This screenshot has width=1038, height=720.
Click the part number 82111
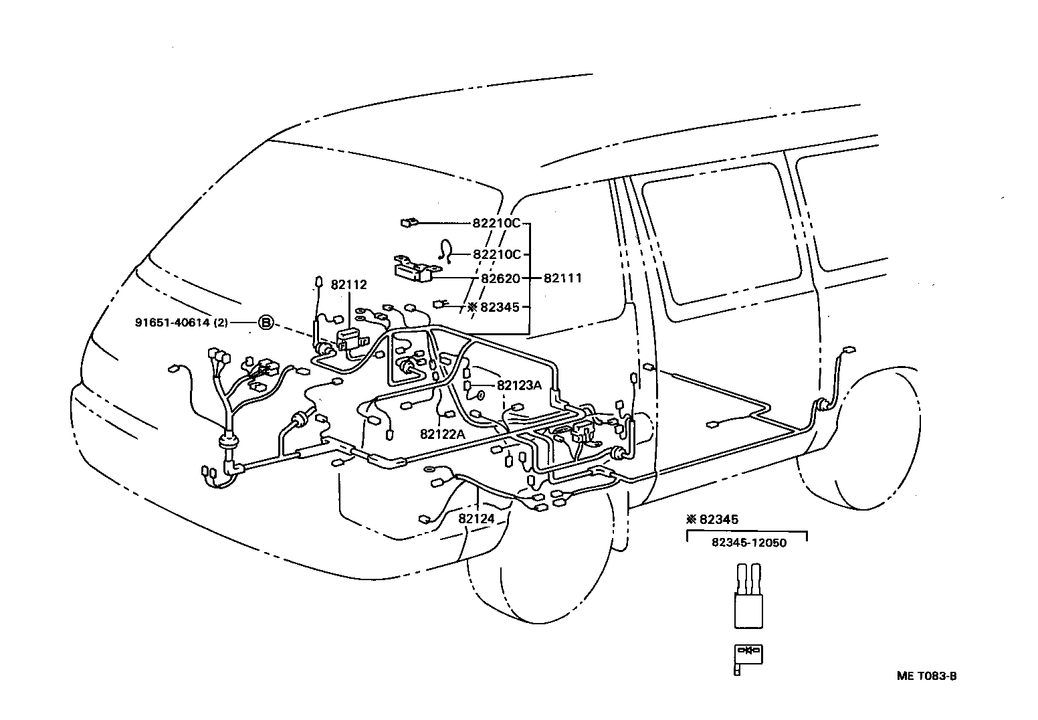pos(562,278)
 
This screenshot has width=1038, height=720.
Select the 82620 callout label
pos(500,278)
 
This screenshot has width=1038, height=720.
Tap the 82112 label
pos(348,284)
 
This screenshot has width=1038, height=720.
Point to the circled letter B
pos(266,323)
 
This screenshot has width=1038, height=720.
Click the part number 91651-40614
pos(173,323)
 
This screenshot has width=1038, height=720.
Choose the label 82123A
pos(519,385)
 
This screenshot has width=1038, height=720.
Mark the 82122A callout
pos(442,434)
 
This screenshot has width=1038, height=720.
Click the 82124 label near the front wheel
pos(476,519)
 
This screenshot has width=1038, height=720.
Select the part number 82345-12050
pos(749,543)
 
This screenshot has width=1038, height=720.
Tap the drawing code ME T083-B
pos(927,676)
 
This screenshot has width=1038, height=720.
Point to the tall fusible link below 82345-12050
pos(748,596)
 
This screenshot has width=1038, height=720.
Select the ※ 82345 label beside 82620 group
pos(494,307)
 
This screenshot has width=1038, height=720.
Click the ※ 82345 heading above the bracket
pos(712,519)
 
